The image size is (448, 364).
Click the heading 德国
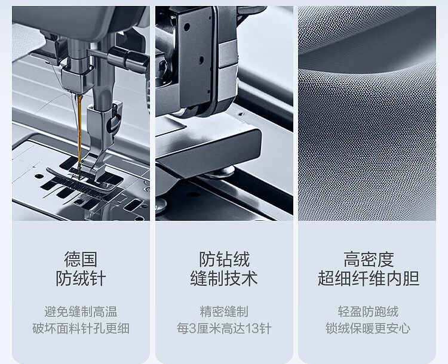click(x=81, y=259)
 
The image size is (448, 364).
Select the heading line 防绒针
click(x=81, y=278)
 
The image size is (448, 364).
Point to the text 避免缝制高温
click(x=81, y=311)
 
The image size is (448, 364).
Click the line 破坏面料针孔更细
click(x=81, y=328)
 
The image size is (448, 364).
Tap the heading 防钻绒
click(x=224, y=259)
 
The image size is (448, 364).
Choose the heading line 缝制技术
click(x=224, y=278)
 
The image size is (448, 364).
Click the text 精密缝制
click(x=224, y=311)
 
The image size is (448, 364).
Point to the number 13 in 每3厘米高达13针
click(x=253, y=329)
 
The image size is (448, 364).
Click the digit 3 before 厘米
click(x=193, y=329)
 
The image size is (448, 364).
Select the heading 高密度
click(x=369, y=259)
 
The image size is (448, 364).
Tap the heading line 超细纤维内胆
click(x=369, y=278)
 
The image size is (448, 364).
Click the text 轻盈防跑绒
click(x=368, y=311)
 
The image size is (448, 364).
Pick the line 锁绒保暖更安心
click(x=368, y=328)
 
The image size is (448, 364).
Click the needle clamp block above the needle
click(x=77, y=79)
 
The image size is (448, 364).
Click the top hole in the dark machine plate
click(x=187, y=27)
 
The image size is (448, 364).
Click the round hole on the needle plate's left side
click(x=39, y=176)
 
